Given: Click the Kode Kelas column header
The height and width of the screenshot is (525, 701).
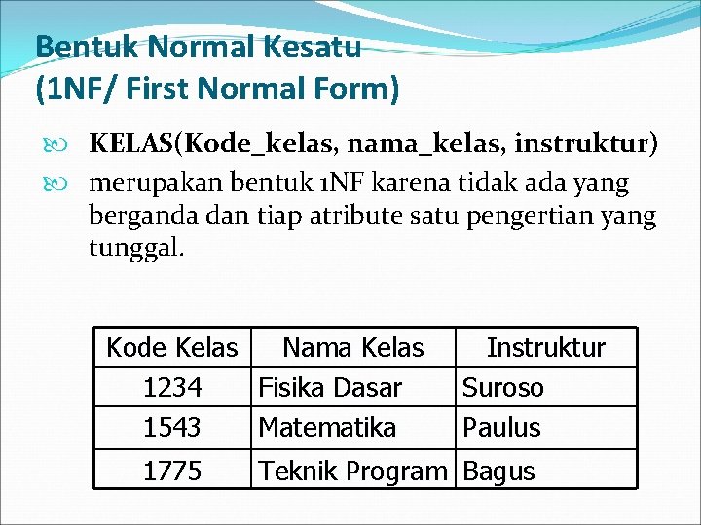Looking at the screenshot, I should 171,348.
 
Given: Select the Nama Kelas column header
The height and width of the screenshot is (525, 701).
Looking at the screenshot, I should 352,348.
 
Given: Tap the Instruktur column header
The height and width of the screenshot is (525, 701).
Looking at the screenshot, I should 545,348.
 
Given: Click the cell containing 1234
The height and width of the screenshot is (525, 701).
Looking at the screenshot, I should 172,388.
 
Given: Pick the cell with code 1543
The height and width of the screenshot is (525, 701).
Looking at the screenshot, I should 172,427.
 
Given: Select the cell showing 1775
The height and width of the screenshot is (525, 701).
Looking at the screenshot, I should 172,472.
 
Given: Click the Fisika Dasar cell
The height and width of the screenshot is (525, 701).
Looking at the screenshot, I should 329,388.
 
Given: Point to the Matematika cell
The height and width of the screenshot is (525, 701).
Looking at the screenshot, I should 326,427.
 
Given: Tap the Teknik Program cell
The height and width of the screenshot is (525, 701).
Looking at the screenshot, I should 351,472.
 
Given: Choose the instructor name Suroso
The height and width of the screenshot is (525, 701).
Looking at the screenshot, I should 502,388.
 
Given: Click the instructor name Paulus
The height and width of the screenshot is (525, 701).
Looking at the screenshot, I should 501,427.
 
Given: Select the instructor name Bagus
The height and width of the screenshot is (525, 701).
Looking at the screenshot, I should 498,472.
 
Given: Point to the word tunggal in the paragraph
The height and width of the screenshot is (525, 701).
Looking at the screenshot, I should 135,247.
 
